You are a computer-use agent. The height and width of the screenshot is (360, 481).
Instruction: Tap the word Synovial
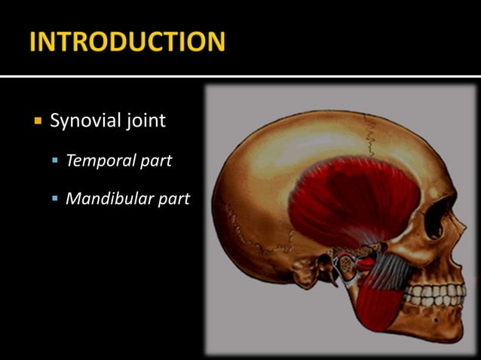pyautogui.click(x=81, y=121)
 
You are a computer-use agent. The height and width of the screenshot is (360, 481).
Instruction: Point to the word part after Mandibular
pyautogui.click(x=173, y=200)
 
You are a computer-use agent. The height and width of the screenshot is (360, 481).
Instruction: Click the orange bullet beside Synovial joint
pyautogui.click(x=37, y=121)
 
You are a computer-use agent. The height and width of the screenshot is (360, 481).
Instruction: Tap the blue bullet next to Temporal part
pyautogui.click(x=55, y=160)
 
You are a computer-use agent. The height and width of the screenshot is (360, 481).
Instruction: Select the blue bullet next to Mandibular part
pyautogui.click(x=55, y=199)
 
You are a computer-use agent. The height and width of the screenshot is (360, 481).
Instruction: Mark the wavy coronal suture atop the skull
pyautogui.click(x=370, y=139)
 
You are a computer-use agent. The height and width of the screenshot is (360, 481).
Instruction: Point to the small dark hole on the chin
pyautogui.click(x=435, y=320)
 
